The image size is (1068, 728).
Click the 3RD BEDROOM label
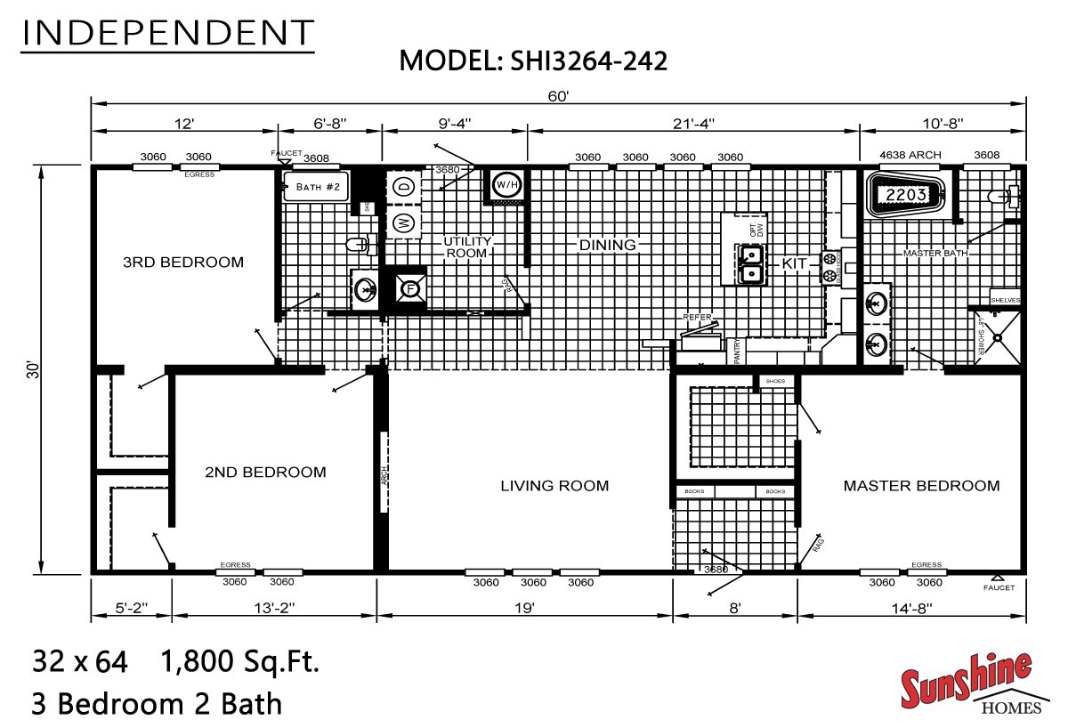pyautogui.click(x=182, y=262)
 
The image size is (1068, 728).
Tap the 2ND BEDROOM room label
pyautogui.click(x=265, y=472)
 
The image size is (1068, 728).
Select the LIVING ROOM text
pyautogui.click(x=554, y=485)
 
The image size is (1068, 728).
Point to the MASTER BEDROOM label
pyautogui.click(x=921, y=485)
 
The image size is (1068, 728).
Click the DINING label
pyautogui.click(x=608, y=245)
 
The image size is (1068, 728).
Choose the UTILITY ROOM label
pyautogui.click(x=466, y=247)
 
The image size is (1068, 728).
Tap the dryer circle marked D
pyautogui.click(x=402, y=187)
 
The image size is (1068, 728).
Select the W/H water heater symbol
pyautogui.click(x=506, y=184)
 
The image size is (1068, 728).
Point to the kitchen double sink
pyautogui.click(x=751, y=263)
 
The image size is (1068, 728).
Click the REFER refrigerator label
pyautogui.click(x=697, y=317)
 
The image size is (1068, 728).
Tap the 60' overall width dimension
pyautogui.click(x=558, y=96)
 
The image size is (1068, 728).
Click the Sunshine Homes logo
pyautogui.click(x=966, y=684)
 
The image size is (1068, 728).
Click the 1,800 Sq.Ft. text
pyautogui.click(x=239, y=661)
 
